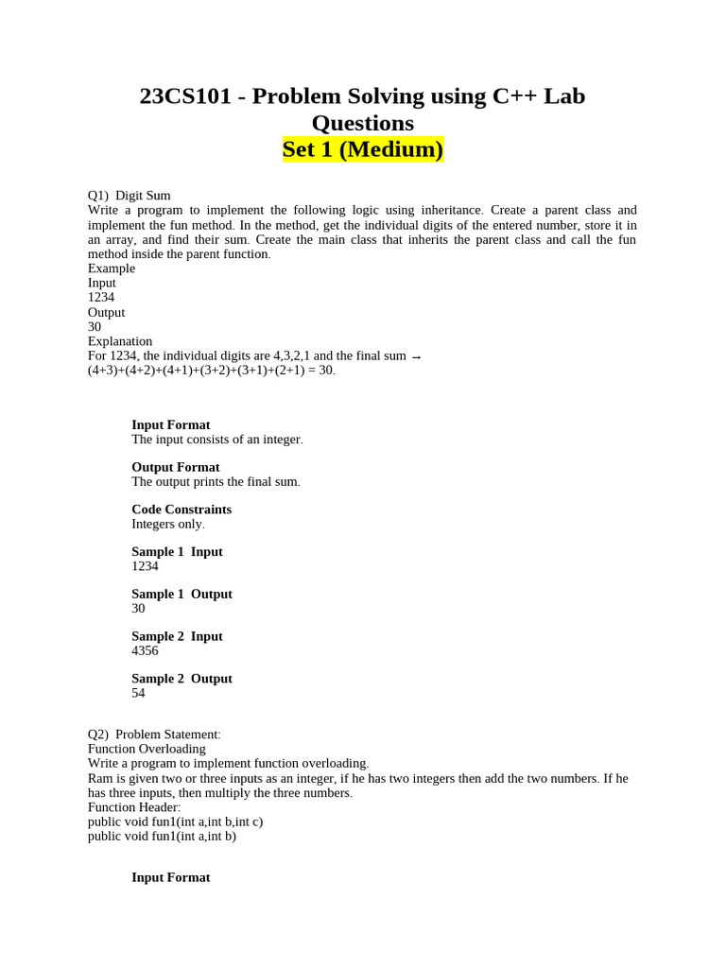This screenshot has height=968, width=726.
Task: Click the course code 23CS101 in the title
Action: click(x=185, y=96)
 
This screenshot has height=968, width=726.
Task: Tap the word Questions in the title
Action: click(x=363, y=123)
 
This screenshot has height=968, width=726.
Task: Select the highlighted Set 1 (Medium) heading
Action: click(x=363, y=149)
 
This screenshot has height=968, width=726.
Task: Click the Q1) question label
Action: click(x=98, y=196)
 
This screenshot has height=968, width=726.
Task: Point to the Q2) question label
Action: click(x=98, y=735)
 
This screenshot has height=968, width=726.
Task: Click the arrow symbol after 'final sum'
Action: click(x=417, y=356)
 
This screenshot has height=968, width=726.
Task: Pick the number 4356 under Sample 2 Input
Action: click(x=145, y=651)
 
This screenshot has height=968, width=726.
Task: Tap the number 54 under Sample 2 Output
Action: click(x=139, y=694)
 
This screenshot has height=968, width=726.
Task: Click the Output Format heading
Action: click(x=175, y=467)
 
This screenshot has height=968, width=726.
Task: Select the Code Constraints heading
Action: click(x=181, y=510)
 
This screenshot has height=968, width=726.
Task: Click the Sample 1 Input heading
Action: click(x=177, y=552)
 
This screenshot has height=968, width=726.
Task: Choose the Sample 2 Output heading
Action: click(x=181, y=679)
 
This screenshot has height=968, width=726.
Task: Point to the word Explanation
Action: click(x=120, y=341)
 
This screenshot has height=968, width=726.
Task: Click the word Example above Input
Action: click(x=112, y=268)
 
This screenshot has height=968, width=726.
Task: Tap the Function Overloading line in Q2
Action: click(x=147, y=749)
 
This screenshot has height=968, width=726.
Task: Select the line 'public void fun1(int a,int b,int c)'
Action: click(x=175, y=821)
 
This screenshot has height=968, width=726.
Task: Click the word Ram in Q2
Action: click(x=99, y=778)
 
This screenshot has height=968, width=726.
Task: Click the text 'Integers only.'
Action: click(x=167, y=524)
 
